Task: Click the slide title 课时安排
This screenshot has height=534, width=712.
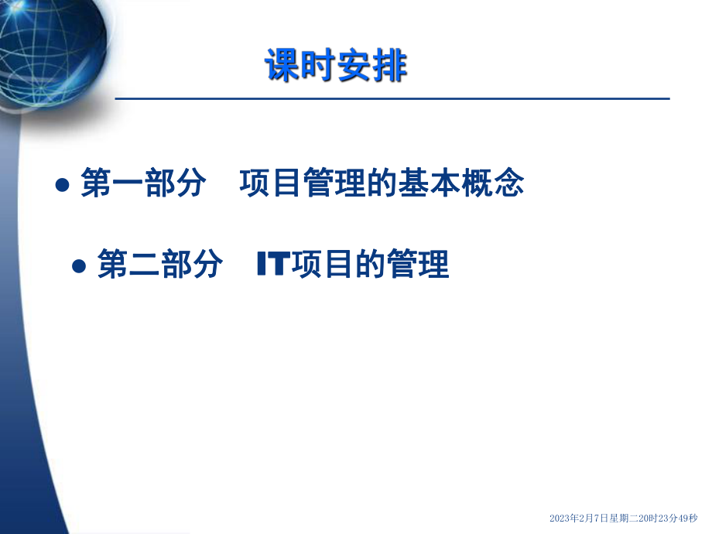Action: click(x=335, y=65)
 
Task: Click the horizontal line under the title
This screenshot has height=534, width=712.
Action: click(x=392, y=99)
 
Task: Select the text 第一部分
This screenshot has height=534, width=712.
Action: click(x=143, y=185)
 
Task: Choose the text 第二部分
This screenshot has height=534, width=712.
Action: click(x=160, y=265)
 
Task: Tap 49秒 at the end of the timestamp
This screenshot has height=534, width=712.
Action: click(x=685, y=519)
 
